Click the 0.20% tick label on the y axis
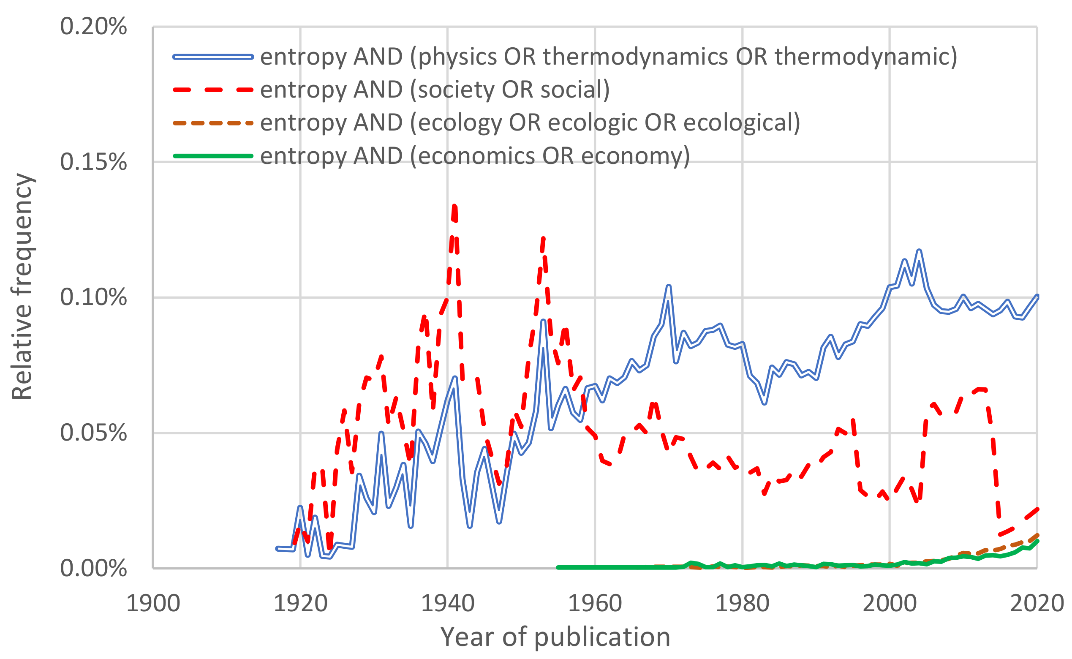point(93,27)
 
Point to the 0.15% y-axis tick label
point(93,162)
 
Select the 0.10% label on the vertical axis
point(93,298)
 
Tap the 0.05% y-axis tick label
point(93,433)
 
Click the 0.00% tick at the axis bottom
point(93,569)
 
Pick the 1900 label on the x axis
point(153,604)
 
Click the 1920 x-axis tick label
point(300,604)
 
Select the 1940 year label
point(448,604)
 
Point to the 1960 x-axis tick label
point(595,604)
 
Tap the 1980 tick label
point(742,604)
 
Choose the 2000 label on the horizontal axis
point(890,604)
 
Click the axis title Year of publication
point(555,637)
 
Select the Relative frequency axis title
point(22,286)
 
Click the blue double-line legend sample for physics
point(213,57)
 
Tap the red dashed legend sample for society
point(213,90)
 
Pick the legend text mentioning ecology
point(530,123)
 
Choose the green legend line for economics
point(213,156)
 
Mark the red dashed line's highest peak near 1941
point(454,206)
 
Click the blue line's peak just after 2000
point(919,251)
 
